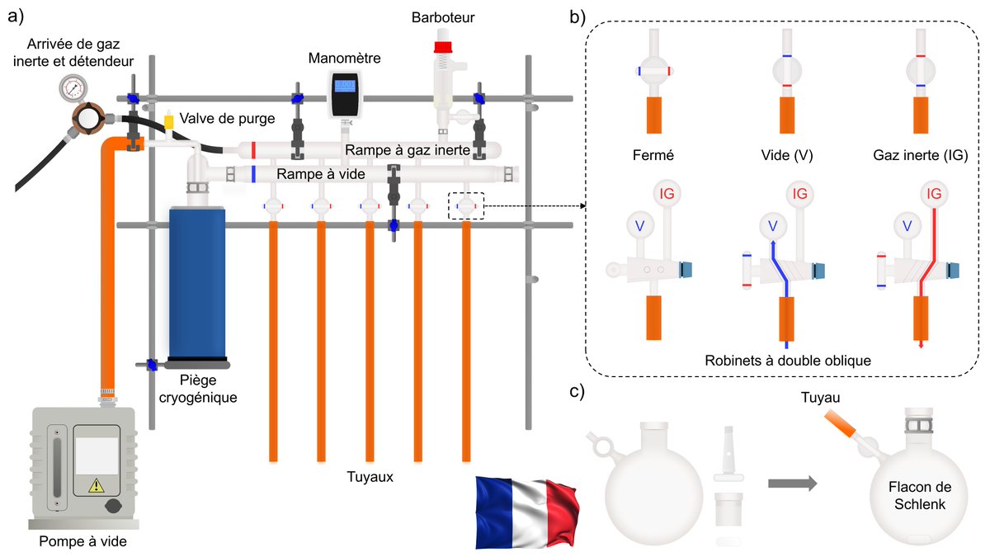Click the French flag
[x=526, y=511]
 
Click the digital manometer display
[x=345, y=86]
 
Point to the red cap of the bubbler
[x=443, y=45]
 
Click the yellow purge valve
[x=169, y=122]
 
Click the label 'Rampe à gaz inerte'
[x=408, y=150]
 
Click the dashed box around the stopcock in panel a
[x=466, y=205]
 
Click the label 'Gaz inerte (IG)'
[x=921, y=153]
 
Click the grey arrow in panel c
[x=792, y=483]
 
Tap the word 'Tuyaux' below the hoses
[x=369, y=476]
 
